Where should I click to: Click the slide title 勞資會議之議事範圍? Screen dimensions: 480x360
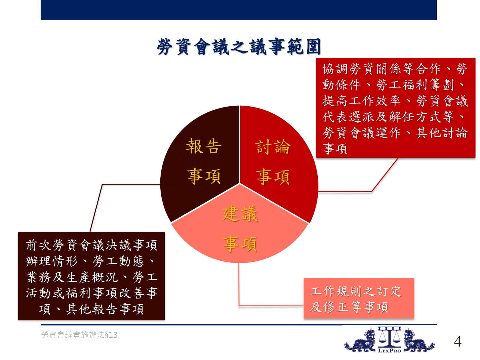tap(239, 46)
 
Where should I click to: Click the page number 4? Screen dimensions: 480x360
tap(458, 341)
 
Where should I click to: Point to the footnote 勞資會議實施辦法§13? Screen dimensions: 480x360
tap(79, 335)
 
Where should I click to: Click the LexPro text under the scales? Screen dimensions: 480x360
tap(389, 351)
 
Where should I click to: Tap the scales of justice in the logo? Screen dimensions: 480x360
tap(389, 337)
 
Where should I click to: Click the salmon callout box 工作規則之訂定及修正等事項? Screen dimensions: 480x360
tap(359, 298)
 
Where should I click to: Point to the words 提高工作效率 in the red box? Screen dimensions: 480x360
tap(361, 101)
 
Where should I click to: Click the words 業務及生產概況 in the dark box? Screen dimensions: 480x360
tap(72, 277)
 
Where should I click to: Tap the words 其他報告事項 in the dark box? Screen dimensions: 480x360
tap(105, 309)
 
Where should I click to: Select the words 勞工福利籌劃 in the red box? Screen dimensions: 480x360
tap(415, 85)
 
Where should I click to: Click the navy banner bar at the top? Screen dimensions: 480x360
tap(239, 10)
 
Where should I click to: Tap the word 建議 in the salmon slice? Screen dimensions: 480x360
tap(240, 214)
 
